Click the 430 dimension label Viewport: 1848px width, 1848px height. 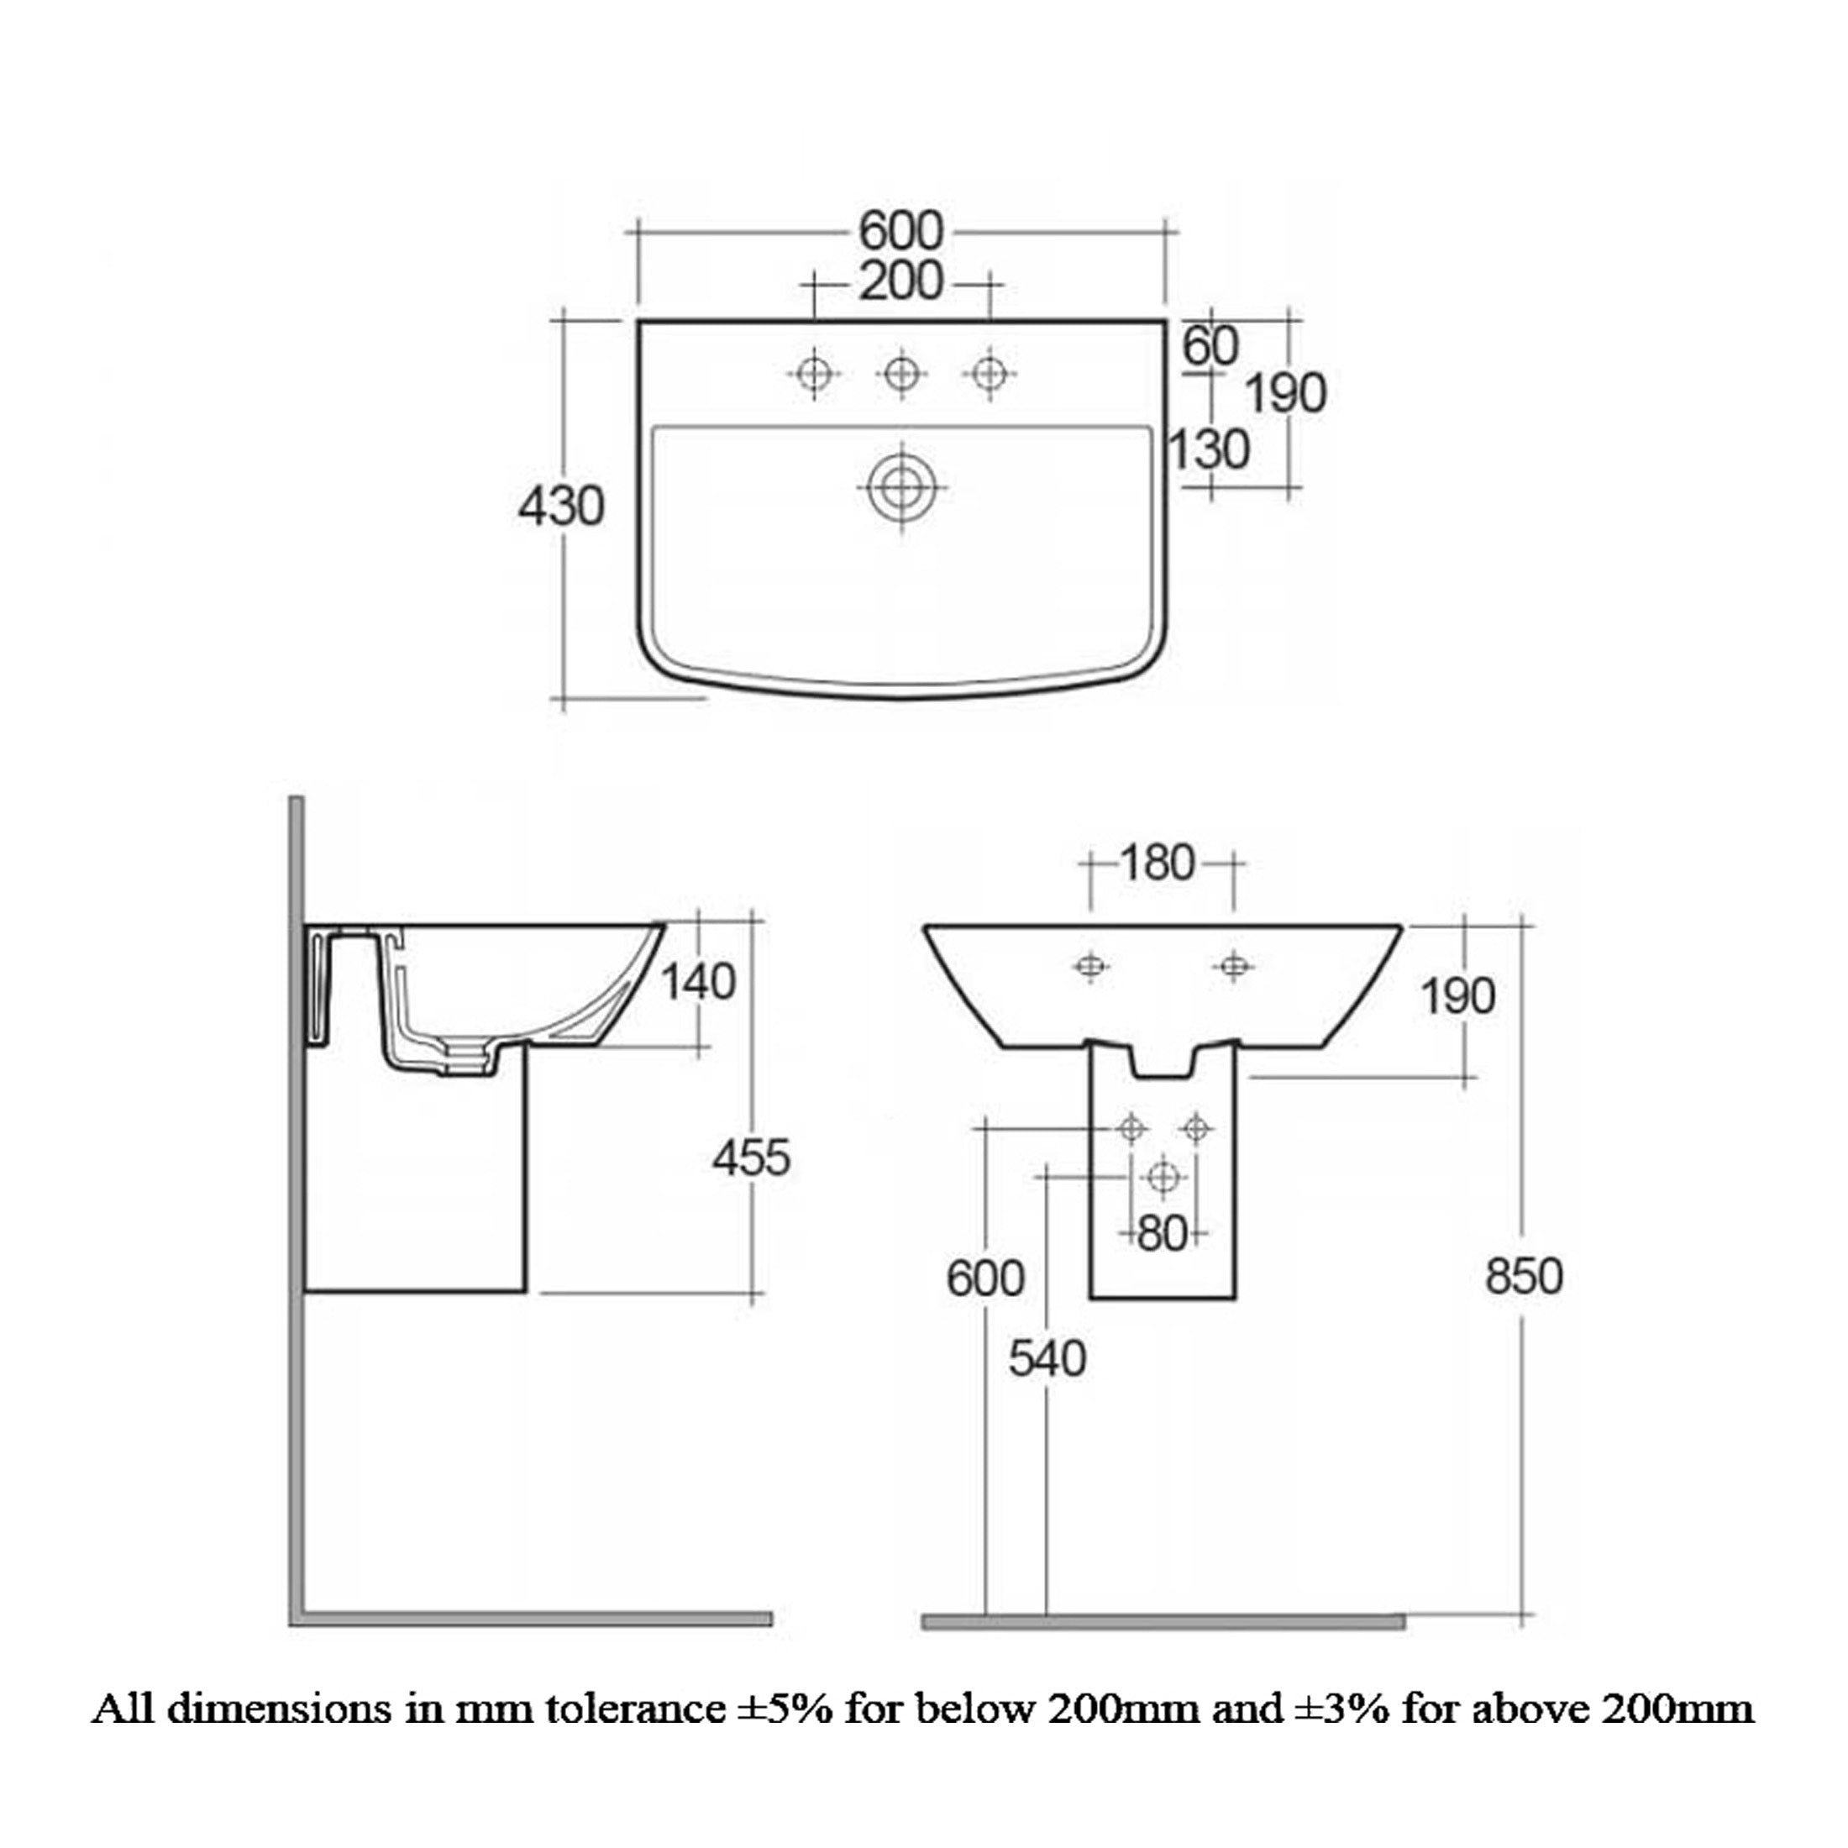pos(560,506)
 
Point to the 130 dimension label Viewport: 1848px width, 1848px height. pos(1209,449)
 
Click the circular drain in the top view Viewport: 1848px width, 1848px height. pos(901,488)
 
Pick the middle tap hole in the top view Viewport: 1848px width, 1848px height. pos(901,373)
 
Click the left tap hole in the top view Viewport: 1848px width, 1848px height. pos(814,373)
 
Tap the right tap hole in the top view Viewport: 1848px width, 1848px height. pos(989,373)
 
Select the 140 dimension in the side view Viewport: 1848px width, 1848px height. pos(698,981)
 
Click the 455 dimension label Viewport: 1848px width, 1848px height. pos(751,1158)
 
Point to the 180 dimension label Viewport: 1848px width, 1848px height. pos(1158,863)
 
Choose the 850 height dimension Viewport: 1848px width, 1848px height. pos(1524,1276)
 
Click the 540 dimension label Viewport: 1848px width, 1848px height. pos(1047,1358)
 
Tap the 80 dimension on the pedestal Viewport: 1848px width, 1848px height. pos(1163,1233)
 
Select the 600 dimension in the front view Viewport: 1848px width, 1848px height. pos(985,1278)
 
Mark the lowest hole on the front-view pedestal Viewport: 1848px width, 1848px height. pos(1163,1177)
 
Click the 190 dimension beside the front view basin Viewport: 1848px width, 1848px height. pos(1457,997)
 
